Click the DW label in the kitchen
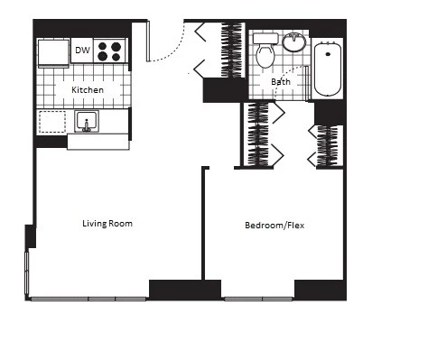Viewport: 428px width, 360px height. (x=82, y=51)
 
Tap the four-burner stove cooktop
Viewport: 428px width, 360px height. (x=110, y=51)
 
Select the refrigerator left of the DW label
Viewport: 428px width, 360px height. (x=53, y=51)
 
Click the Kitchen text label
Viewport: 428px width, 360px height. (x=88, y=90)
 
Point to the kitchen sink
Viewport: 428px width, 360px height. (x=88, y=122)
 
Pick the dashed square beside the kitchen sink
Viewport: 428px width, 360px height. (x=53, y=122)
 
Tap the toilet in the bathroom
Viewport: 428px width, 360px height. (x=265, y=54)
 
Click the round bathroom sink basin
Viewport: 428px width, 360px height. (x=294, y=42)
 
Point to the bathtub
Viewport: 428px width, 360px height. (x=327, y=68)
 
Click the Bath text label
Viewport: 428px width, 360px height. (x=281, y=82)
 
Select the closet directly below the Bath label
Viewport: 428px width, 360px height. (x=260, y=134)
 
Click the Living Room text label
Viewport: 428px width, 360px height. (x=107, y=223)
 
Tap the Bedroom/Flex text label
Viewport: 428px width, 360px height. (x=274, y=225)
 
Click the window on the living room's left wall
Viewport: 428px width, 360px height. (x=26, y=271)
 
